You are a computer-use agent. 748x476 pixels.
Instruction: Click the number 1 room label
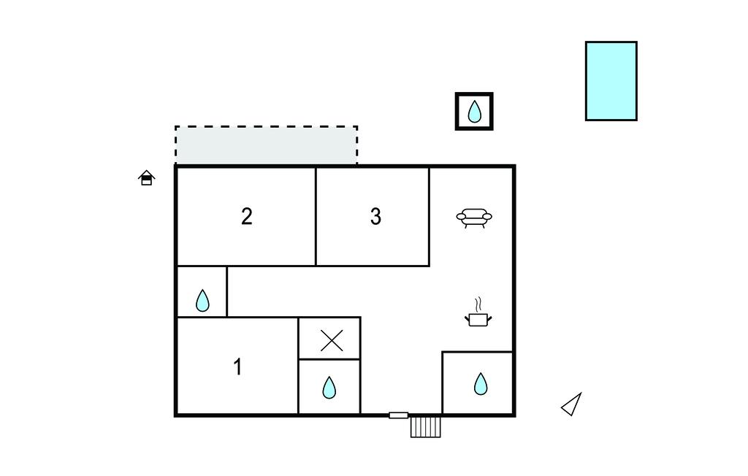click(237, 366)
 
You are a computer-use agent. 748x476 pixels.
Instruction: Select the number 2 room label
click(247, 216)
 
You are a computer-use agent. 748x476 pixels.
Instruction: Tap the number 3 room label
click(375, 216)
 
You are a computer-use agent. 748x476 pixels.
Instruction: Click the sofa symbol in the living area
click(475, 218)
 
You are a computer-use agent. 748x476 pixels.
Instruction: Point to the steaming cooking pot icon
click(478, 318)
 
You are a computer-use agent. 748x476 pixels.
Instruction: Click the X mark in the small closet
click(332, 340)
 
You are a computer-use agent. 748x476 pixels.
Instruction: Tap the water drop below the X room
click(329, 387)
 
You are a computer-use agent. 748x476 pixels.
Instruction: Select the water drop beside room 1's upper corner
click(202, 300)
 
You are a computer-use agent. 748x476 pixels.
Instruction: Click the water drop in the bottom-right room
click(480, 383)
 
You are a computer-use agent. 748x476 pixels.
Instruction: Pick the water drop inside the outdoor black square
click(475, 112)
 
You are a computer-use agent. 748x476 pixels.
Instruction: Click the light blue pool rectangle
click(611, 80)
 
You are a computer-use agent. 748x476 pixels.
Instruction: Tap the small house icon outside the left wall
click(147, 177)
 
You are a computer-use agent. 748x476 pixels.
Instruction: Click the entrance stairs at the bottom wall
click(425, 426)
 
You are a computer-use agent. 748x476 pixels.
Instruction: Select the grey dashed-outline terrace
click(266, 145)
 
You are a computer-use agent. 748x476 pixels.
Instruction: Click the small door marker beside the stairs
click(398, 415)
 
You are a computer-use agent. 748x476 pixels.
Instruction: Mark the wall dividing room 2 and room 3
click(316, 216)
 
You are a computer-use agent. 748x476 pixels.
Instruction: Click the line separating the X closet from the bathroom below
click(329, 359)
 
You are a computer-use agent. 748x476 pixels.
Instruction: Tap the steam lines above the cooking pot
click(478, 304)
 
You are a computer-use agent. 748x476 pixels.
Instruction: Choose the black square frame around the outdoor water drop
click(458, 112)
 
